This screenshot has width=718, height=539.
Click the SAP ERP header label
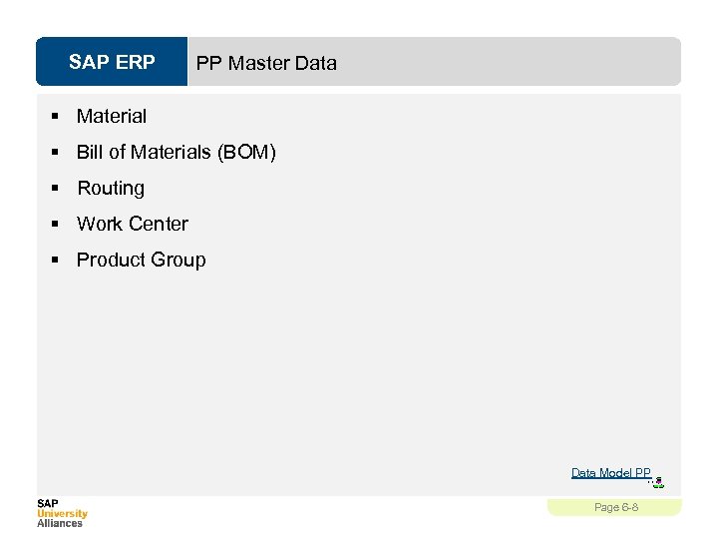pos(112,63)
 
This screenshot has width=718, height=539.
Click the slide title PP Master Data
pos(266,63)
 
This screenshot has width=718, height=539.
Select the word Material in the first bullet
pos(112,116)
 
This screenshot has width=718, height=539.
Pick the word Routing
pos(111,188)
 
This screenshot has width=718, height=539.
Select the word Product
pos(110,260)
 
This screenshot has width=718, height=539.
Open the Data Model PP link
pos(610,473)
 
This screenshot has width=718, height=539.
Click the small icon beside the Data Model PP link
pos(657,483)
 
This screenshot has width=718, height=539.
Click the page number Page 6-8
pos(615,507)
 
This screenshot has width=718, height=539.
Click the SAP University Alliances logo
pos(62,512)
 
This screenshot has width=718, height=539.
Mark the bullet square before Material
pos(56,117)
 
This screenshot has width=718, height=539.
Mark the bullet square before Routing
pos(56,189)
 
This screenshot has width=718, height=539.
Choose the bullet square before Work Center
pos(56,225)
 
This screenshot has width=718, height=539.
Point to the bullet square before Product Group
pos(56,261)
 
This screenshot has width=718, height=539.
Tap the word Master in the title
pos(257,63)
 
